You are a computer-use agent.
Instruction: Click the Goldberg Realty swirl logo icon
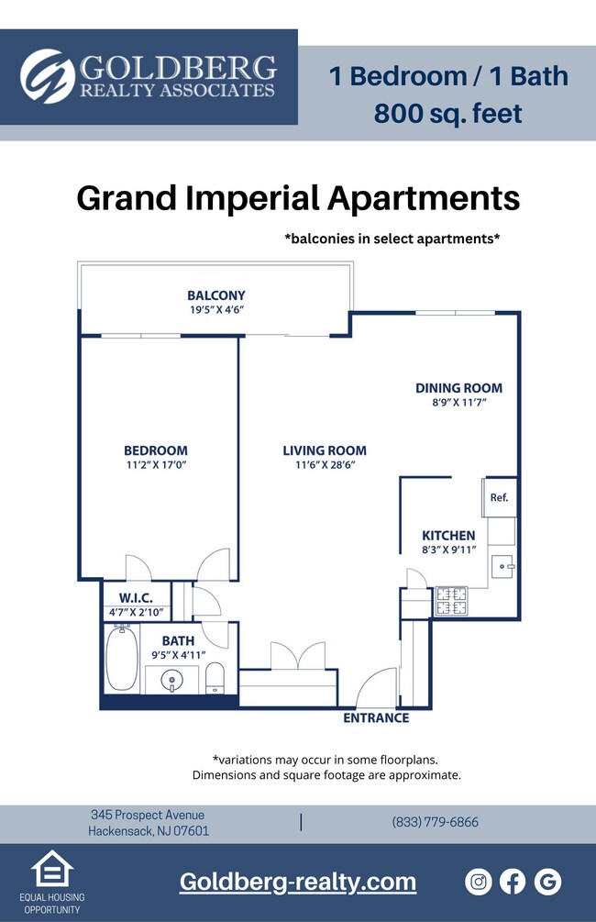[x=47, y=76]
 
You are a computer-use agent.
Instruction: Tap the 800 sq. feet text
[x=447, y=114]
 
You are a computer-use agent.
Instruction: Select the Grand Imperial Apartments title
[x=298, y=198]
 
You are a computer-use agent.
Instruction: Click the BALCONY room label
[x=216, y=295]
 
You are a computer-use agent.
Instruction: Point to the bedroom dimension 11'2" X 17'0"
[x=155, y=465]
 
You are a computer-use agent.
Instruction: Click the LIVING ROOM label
[x=324, y=450]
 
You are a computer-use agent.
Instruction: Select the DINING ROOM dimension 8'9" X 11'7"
[x=458, y=403]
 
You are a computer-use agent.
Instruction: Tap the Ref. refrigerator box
[x=499, y=498]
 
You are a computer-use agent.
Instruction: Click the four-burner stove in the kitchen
[x=450, y=600]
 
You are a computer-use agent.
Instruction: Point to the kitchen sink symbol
[x=502, y=567]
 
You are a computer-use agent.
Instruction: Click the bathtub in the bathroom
[x=121, y=658]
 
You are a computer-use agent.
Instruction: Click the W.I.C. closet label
[x=134, y=598]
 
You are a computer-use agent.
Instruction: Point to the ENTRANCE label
[x=376, y=717]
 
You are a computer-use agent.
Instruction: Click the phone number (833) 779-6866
[x=435, y=822]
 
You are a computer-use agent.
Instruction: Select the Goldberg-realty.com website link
[x=297, y=882]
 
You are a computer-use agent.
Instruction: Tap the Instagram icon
[x=479, y=882]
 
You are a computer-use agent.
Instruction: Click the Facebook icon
[x=513, y=882]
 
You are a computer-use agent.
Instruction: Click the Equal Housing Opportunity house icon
[x=52, y=869]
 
